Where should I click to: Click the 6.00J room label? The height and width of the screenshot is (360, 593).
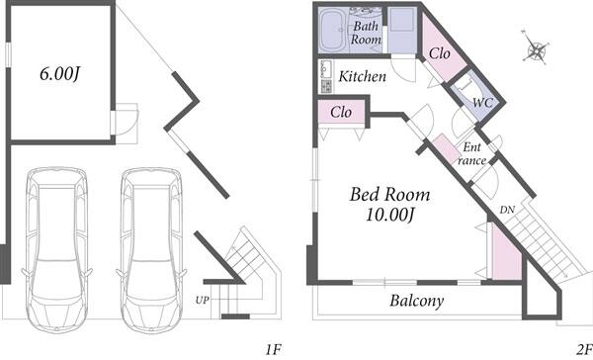(59, 73)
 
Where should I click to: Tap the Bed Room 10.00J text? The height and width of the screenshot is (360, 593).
(390, 204)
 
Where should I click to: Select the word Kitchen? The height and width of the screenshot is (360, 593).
(363, 76)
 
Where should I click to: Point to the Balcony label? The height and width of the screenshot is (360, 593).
(417, 301)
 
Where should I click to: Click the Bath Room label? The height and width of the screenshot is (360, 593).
(366, 33)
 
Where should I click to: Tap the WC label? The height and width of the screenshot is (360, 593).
(482, 102)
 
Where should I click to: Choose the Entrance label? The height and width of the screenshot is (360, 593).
(471, 153)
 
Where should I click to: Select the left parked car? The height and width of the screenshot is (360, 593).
(57, 250)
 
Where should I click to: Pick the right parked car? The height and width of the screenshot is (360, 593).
(151, 250)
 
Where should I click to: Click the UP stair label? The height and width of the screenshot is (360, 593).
(202, 300)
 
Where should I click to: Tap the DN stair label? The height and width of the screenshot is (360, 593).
(507, 210)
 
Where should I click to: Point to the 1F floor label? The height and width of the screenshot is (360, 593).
(273, 349)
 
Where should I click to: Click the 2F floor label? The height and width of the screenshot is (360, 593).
(584, 349)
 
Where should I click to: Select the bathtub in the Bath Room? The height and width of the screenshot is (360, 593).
(333, 31)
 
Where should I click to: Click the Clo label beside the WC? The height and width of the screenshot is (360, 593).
(440, 53)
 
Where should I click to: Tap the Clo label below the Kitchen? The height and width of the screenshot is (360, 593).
(341, 112)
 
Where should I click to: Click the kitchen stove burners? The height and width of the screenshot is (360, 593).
(326, 86)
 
